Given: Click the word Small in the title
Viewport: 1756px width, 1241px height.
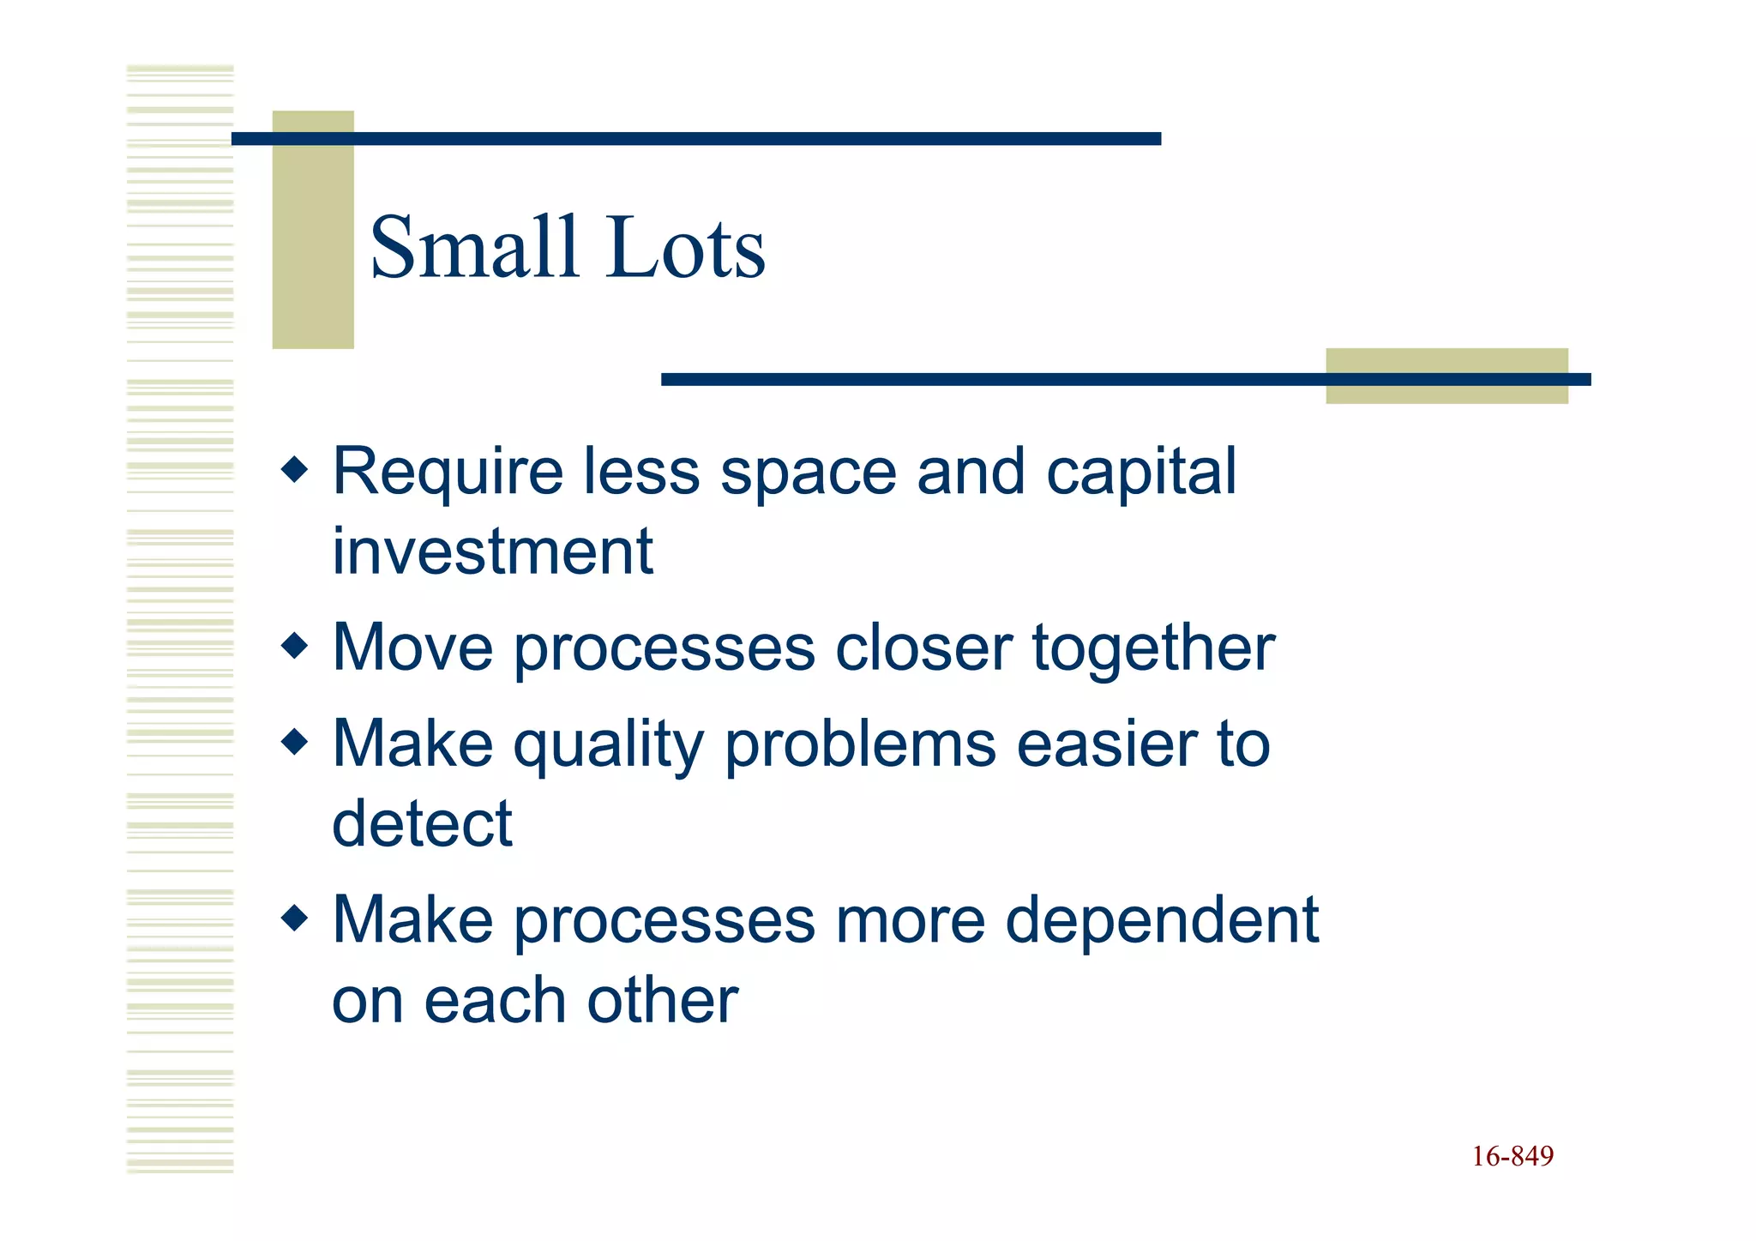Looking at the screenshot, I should coord(473,248).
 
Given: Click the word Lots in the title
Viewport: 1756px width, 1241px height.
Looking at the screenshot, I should coord(685,248).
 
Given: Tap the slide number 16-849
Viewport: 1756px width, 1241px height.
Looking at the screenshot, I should coord(1512,1156).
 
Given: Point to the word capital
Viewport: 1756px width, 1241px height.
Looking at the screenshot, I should coord(1140,473).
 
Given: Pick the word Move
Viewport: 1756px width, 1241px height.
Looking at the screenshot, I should coord(412,648).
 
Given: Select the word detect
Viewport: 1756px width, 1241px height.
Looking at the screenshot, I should coord(422,823).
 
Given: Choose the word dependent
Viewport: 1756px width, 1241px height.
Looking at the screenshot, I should coord(1161,921).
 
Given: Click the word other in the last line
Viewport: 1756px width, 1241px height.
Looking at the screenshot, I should coord(662,1000).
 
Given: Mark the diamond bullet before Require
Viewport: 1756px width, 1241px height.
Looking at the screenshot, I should coord(294,469).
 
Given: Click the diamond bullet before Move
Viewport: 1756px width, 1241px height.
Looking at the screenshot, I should coord(294,645).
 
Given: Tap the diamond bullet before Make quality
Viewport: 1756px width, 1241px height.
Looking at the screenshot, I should coord(294,742).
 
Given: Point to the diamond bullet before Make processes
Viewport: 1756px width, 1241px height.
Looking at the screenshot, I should coord(294,919).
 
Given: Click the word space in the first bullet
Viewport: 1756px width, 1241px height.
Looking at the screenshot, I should coord(809,473).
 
